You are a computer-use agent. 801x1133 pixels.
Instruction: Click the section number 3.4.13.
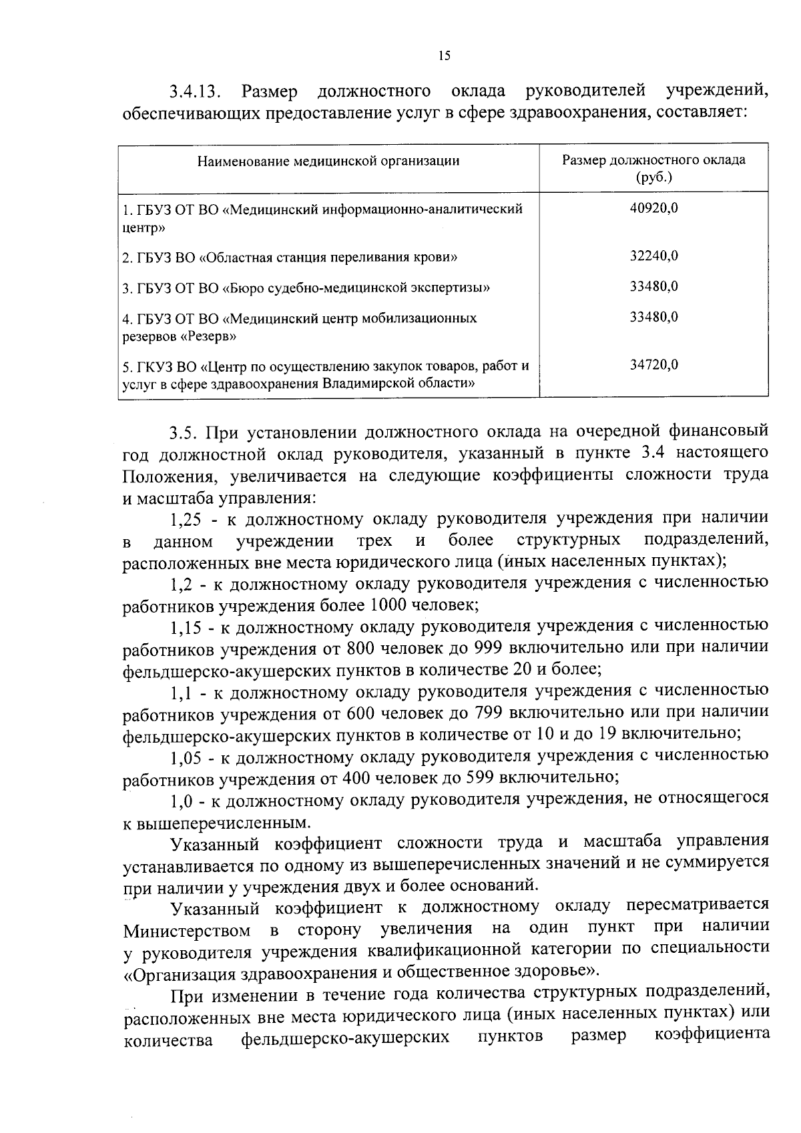(198, 91)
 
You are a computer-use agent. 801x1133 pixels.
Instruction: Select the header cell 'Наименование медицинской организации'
(328, 161)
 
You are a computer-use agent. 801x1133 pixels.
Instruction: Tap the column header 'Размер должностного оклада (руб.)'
(653, 169)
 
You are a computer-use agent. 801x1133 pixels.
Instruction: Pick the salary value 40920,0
(654, 208)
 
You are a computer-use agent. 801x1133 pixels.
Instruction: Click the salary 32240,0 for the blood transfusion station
(654, 256)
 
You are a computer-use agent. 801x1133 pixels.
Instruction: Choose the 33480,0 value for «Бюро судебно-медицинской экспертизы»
(654, 286)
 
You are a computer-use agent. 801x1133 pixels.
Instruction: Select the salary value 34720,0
(654, 364)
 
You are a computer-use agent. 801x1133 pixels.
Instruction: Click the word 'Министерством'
(188, 929)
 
